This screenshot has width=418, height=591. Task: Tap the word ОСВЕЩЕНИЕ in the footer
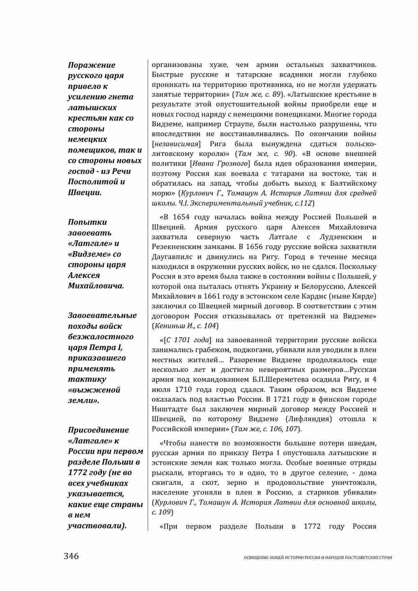pyautogui.click(x=255, y=558)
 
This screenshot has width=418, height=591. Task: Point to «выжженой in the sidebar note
pyautogui.click(x=94, y=390)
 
